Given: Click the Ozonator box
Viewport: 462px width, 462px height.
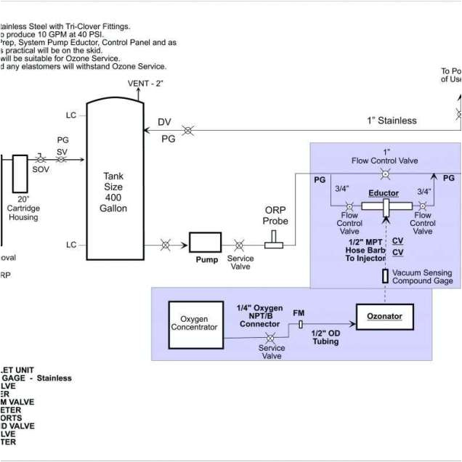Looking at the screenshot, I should [384, 317].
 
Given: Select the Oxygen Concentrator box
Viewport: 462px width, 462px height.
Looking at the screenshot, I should [194, 323].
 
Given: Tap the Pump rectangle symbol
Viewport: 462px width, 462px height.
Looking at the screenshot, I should [206, 243].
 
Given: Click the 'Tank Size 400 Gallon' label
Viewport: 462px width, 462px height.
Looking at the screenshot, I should [113, 192].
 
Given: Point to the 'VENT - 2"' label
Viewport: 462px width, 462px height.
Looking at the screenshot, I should [145, 84].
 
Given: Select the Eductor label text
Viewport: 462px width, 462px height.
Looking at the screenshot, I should [384, 193].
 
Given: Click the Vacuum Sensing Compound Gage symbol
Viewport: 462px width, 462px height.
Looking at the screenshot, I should [385, 276].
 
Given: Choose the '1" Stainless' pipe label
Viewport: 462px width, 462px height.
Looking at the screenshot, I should [392, 121].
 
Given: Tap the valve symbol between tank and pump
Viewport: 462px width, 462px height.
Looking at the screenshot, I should [166, 245].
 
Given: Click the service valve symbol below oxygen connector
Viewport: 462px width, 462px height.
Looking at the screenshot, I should [271, 339].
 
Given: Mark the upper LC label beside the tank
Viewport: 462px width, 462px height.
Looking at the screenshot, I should [71, 116].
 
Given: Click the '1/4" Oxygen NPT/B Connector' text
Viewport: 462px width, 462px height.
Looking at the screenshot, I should [259, 315].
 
